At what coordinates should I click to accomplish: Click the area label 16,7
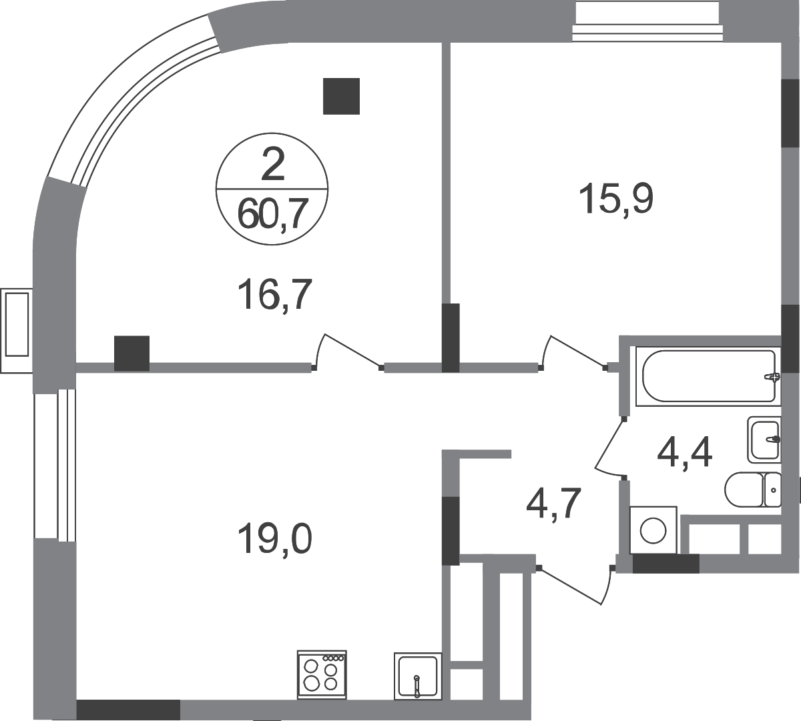(x=274, y=295)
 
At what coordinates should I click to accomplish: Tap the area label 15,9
(x=615, y=199)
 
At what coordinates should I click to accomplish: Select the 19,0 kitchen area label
(x=274, y=539)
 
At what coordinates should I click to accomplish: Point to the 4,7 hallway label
(x=553, y=503)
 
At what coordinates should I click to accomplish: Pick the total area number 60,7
(x=274, y=214)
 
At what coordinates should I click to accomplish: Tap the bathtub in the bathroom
(x=708, y=376)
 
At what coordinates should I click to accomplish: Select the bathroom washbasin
(x=764, y=440)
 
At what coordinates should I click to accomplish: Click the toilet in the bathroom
(x=753, y=489)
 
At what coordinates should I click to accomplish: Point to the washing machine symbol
(x=653, y=530)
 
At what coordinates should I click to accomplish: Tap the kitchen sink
(x=418, y=675)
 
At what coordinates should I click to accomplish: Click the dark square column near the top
(x=341, y=96)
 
